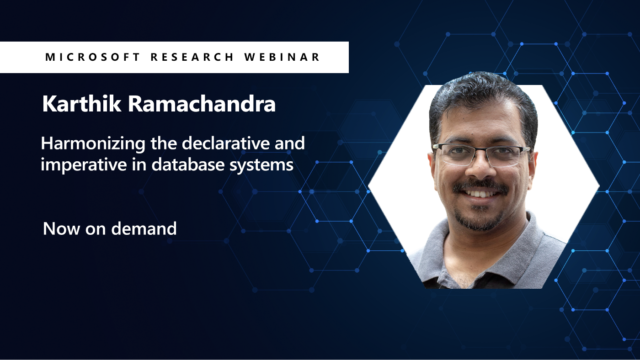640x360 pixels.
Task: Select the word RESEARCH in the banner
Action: point(177,57)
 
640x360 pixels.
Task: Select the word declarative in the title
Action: point(228,143)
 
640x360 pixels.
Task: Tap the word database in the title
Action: point(193,165)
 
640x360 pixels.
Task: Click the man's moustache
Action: point(482,186)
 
